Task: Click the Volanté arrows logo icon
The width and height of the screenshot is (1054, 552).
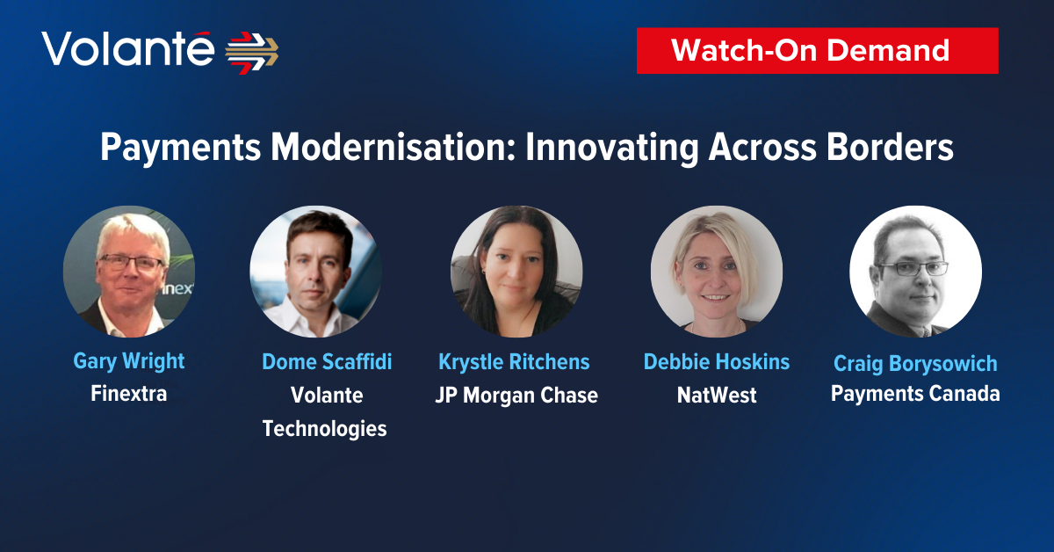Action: coord(252,53)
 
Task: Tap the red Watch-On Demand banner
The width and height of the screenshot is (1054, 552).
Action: coord(818,50)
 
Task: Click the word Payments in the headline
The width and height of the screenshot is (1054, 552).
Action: coord(180,148)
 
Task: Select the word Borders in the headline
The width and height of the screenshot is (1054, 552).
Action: coord(890,147)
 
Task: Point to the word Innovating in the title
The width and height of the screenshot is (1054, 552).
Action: coord(611,148)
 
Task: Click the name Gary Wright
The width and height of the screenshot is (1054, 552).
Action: coord(129,362)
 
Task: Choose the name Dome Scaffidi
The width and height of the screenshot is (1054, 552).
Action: coord(327,362)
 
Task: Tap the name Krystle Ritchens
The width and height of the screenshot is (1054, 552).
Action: coord(514,362)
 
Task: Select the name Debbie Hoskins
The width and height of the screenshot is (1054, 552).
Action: coord(716,362)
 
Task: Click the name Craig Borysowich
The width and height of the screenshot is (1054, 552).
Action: coord(915,363)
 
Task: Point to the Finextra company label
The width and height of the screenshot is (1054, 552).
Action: coord(129,394)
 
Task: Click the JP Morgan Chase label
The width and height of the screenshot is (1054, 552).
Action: coord(516,396)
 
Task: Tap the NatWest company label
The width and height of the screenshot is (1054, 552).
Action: coord(717,396)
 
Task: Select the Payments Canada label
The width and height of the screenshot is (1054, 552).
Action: coord(915,394)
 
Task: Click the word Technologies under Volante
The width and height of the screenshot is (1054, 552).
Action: coord(325,429)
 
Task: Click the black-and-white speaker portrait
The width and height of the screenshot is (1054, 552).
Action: coord(915,272)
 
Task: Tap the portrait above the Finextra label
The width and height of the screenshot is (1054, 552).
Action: coord(129,272)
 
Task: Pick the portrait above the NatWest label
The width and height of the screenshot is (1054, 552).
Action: coord(717,272)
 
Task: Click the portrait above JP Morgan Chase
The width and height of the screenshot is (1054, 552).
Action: coord(516,272)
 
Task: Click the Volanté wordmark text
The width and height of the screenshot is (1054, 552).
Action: coord(127,48)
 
